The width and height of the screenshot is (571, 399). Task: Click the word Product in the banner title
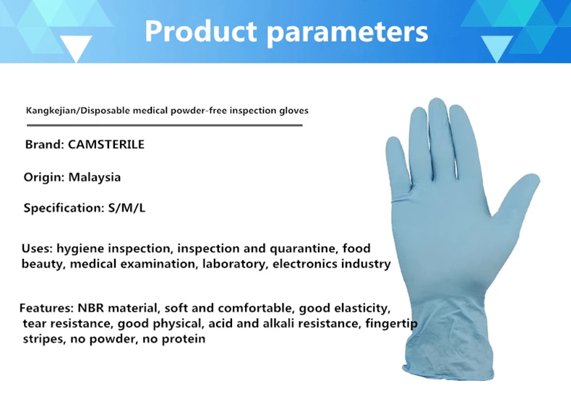pos(201,31)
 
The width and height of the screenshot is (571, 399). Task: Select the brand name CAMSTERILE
pos(106,145)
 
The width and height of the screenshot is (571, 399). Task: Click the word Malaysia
pos(94,177)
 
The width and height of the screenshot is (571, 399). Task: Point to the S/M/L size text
pos(126,208)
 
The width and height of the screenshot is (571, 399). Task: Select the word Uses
pos(37,248)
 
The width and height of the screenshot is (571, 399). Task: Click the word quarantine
pos(304,249)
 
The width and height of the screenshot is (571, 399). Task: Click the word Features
pos(46,308)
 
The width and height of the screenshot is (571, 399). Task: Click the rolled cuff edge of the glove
pos(448,374)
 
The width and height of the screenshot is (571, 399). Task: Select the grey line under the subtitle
pos(165,125)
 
